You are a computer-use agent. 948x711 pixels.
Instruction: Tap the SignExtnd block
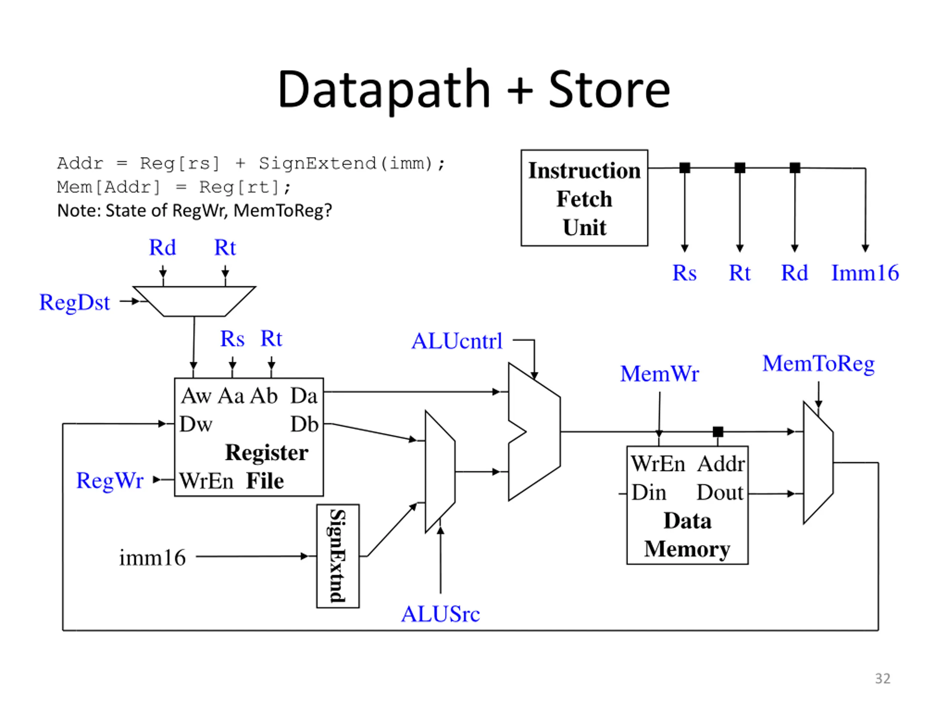(x=338, y=556)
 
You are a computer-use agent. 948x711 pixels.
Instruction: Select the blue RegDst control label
(x=74, y=303)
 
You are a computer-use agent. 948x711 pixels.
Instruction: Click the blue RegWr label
(x=110, y=480)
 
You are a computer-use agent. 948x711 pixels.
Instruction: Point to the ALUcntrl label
(x=457, y=341)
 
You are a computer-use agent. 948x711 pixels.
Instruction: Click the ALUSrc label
(x=441, y=614)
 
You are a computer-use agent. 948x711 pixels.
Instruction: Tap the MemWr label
(x=660, y=373)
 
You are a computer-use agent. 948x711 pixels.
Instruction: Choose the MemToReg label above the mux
(x=818, y=364)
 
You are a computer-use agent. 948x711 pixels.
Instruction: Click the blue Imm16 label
(x=865, y=273)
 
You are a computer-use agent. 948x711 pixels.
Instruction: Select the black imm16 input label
(x=152, y=558)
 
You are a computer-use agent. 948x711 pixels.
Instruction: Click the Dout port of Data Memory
(x=720, y=493)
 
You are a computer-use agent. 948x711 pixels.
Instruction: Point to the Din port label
(x=649, y=493)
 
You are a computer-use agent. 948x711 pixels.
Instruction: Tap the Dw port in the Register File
(x=196, y=424)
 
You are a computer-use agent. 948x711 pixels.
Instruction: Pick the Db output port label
(x=304, y=424)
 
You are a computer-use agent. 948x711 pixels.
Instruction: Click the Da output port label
(x=304, y=395)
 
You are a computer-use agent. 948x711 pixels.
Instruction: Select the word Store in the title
(x=610, y=90)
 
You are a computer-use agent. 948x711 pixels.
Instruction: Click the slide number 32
(x=883, y=678)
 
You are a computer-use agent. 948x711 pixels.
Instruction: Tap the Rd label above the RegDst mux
(x=163, y=247)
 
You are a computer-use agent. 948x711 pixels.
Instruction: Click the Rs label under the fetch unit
(x=684, y=273)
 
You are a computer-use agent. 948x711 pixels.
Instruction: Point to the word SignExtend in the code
(x=317, y=163)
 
